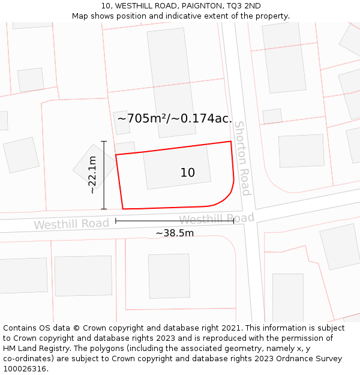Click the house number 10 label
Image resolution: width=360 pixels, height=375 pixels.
(x=187, y=173)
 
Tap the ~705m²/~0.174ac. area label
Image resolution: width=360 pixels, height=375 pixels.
(x=175, y=118)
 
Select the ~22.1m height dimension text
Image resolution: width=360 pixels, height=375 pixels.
(x=92, y=175)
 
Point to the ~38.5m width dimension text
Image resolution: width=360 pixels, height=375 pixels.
(x=175, y=233)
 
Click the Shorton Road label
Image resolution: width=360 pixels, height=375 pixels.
(x=242, y=158)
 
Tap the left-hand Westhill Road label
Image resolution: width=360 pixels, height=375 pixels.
(x=71, y=224)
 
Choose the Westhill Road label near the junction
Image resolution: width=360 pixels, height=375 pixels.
(x=217, y=218)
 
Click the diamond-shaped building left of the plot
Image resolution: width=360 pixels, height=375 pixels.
(x=94, y=166)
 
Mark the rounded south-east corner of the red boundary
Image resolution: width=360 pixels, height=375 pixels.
(x=226, y=195)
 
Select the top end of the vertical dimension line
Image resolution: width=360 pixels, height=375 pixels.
(x=104, y=141)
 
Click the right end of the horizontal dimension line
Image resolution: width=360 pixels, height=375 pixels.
(x=233, y=221)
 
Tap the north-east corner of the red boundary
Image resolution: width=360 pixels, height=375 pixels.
(x=231, y=142)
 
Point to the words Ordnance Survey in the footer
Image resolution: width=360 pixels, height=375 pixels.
(x=313, y=358)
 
